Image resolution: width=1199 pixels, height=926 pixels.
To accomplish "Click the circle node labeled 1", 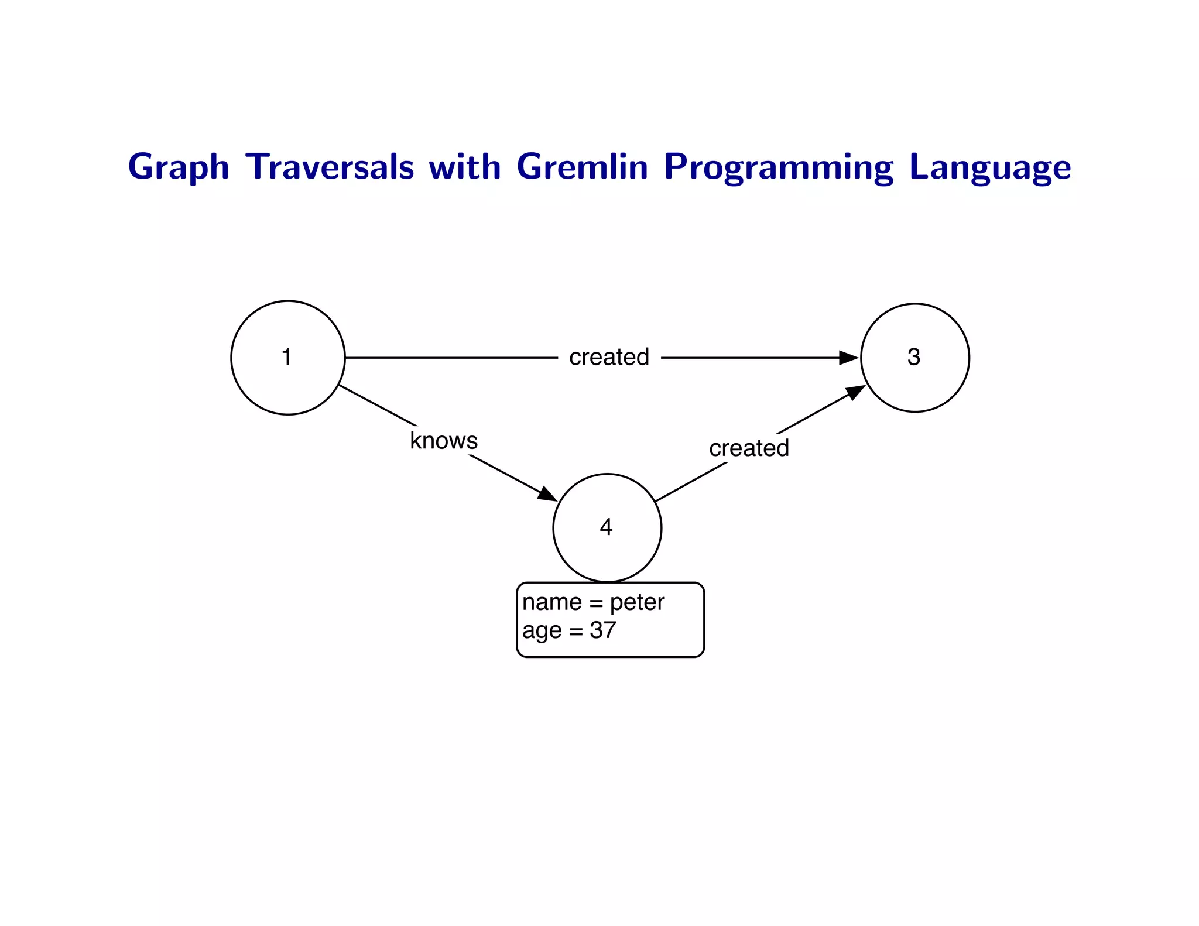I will (287, 358).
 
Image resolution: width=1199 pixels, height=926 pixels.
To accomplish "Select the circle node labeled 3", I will (914, 358).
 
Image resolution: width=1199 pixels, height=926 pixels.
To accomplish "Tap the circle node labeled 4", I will (607, 527).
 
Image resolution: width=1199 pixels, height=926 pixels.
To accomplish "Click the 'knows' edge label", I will (444, 441).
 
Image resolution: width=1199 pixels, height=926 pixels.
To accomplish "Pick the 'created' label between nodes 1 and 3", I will (609, 357).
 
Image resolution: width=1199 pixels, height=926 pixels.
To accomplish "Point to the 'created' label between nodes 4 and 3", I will (749, 448).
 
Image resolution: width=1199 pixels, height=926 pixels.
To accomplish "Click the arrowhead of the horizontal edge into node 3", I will (848, 358).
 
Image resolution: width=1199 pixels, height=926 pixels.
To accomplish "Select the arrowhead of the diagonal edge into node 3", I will (855, 392).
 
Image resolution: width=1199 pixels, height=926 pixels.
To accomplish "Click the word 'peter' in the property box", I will (637, 603).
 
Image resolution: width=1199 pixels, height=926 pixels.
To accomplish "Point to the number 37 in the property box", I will (603, 630).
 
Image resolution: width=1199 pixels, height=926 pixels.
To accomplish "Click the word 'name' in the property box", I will (551, 603).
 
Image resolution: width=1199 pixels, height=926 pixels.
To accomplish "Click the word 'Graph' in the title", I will (179, 167).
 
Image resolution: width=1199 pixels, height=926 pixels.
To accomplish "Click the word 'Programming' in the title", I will (779, 167).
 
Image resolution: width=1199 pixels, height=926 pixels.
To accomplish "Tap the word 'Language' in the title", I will (990, 167).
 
